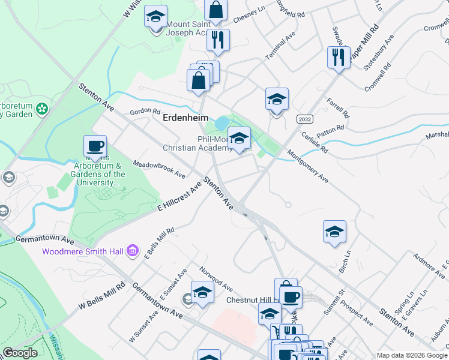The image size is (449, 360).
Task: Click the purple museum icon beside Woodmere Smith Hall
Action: point(133,250)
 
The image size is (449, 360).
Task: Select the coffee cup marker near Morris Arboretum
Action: point(96,146)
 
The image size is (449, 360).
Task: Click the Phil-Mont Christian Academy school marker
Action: point(239,139)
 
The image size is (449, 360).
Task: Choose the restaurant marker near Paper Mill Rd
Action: point(339,58)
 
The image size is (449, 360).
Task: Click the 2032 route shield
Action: point(304,119)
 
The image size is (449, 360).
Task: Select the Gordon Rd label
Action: point(146,112)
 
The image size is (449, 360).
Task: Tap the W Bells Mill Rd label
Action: point(101,298)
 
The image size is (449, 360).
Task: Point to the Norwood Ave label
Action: point(215,278)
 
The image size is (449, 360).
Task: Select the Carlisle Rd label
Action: point(315,142)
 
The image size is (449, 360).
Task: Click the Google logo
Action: point(20,353)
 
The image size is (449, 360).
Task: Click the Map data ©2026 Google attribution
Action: point(412,355)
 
